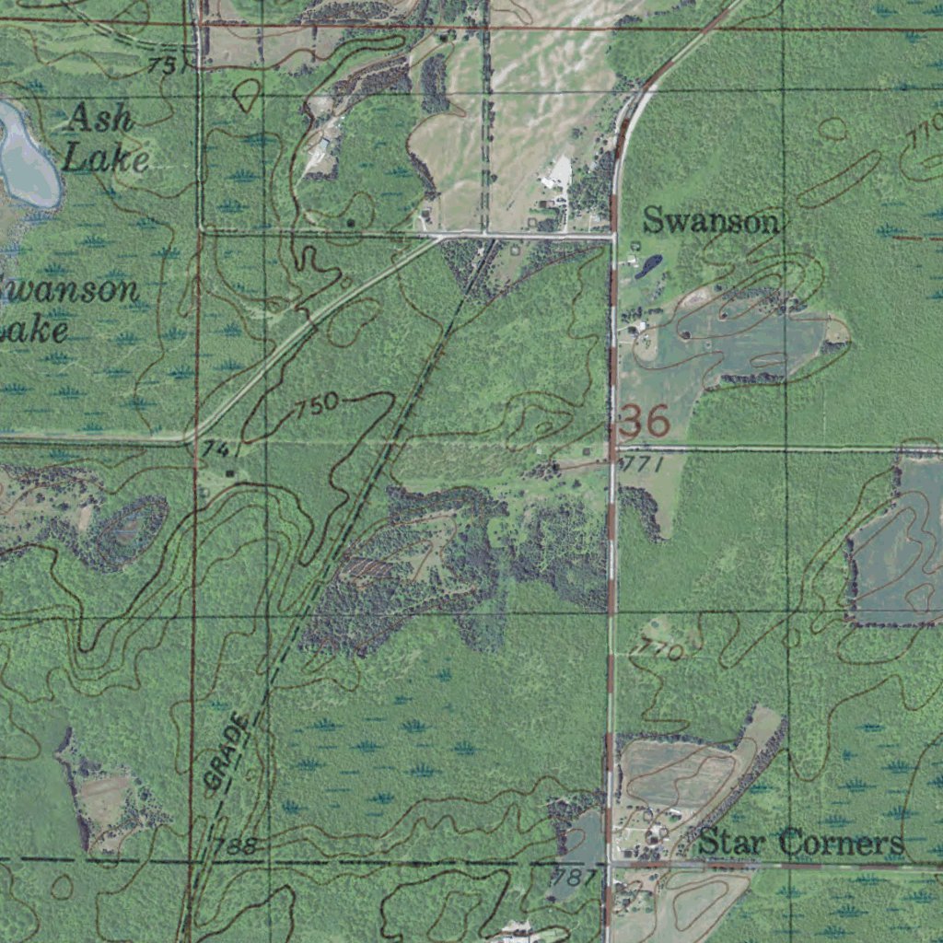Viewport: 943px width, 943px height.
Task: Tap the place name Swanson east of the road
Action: coord(710,221)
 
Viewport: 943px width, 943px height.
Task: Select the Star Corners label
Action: coord(800,843)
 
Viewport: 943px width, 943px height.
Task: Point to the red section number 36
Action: coord(645,421)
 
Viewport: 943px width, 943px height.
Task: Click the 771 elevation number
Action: coord(642,465)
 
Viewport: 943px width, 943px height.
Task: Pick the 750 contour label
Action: coord(318,406)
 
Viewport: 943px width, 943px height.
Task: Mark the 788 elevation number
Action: coord(234,846)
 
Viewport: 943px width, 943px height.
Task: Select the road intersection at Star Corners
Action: coord(609,863)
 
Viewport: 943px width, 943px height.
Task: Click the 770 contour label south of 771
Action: coord(659,651)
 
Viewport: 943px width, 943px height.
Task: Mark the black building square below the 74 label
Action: coord(230,473)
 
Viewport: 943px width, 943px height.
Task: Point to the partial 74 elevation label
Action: coord(215,448)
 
